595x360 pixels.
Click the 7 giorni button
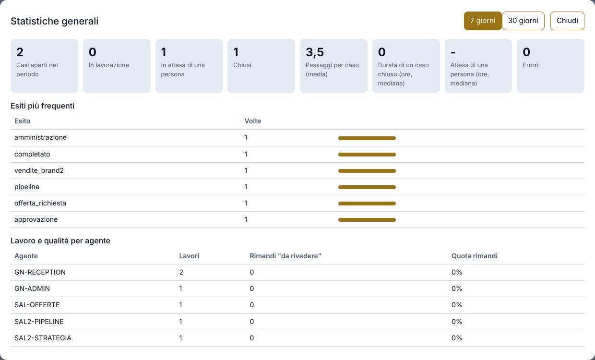pos(483,21)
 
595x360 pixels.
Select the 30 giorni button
pos(523,21)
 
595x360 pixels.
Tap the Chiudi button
pos(567,21)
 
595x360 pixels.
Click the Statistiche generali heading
pos(54,21)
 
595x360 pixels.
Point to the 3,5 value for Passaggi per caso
pos(315,52)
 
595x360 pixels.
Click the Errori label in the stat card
pos(530,65)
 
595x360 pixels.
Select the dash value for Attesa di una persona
pos(453,53)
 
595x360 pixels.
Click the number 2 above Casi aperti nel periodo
pos(20,52)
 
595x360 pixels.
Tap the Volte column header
pos(252,121)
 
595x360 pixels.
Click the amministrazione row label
pos(40,137)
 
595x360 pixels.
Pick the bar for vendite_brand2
pos(367,171)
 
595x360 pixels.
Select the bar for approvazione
pos(367,220)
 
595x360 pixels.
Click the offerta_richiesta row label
pos(40,203)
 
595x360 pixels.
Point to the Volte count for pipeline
pos(246,187)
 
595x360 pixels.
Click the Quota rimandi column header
pos(475,256)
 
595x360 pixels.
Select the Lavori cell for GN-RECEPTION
pos(181,272)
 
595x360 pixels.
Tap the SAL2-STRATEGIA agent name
pos(43,338)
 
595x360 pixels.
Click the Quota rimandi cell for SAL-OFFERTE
pos(457,305)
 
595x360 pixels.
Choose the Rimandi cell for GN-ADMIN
pos(251,288)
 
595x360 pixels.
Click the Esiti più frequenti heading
pos(43,106)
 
